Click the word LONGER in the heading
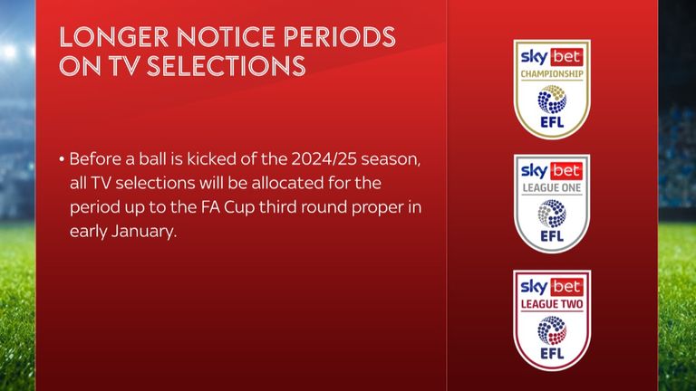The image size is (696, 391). click(x=113, y=37)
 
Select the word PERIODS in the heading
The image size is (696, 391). click(x=339, y=37)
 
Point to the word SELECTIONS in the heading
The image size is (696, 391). click(x=226, y=66)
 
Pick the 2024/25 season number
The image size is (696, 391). click(x=324, y=159)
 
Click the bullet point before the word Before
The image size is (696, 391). click(x=62, y=159)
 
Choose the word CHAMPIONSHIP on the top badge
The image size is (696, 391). click(x=552, y=74)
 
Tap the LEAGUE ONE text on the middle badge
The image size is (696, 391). click(x=552, y=188)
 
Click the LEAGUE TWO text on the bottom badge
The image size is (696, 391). click(x=552, y=304)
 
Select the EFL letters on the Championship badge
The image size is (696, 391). click(x=552, y=122)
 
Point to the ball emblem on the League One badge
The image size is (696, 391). click(x=552, y=214)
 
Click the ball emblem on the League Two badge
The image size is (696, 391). click(x=552, y=330)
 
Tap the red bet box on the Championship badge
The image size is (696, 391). click(x=566, y=57)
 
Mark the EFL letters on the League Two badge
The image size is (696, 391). click(x=552, y=353)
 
